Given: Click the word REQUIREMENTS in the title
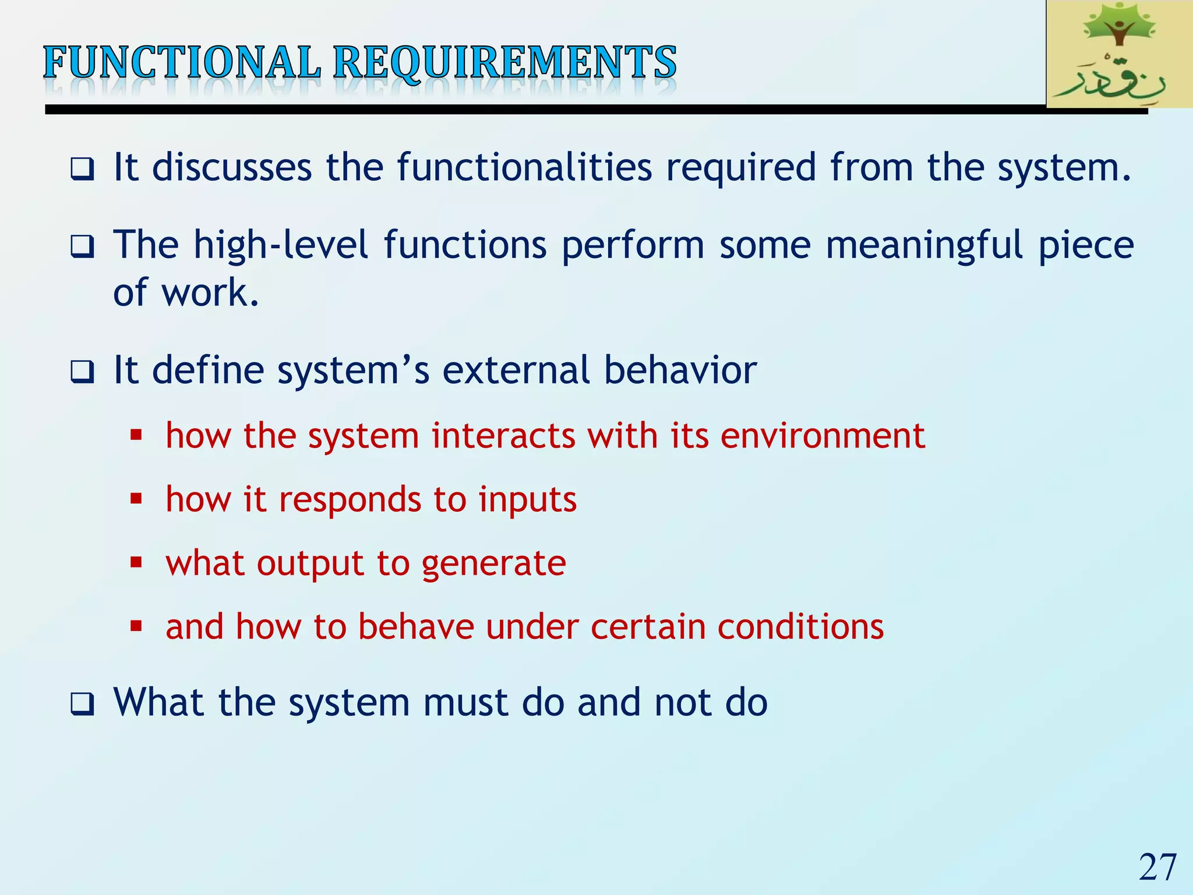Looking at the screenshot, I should [x=504, y=62].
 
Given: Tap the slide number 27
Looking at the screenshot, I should [x=1157, y=867].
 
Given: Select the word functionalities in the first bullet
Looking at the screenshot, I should [x=524, y=168].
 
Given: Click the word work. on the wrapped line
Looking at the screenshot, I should [x=210, y=293].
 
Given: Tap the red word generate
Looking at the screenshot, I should [x=493, y=564].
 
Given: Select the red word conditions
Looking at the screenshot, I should [x=800, y=627].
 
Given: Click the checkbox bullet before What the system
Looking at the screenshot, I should [x=82, y=704].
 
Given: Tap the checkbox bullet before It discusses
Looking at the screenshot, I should [x=82, y=170].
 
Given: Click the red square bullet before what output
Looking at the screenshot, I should [x=136, y=562].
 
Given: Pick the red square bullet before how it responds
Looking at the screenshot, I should [x=136, y=498].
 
